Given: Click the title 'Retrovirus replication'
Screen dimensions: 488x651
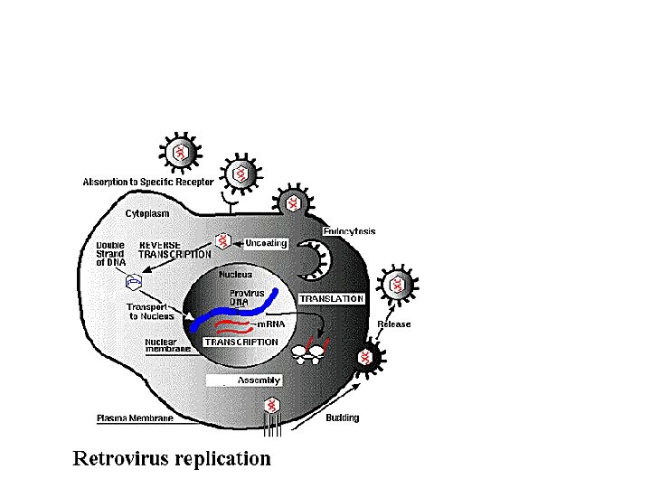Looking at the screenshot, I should (x=172, y=458).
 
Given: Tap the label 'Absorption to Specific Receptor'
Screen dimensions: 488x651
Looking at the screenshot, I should (x=148, y=182).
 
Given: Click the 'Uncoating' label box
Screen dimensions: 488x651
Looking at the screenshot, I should (x=265, y=242).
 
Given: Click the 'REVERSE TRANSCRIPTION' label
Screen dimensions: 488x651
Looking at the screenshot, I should (x=175, y=249).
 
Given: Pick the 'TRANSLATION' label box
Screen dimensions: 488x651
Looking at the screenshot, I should (x=331, y=298).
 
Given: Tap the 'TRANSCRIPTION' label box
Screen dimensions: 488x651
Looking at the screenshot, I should (x=241, y=343).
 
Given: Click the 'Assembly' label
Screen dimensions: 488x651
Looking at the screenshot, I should (x=259, y=380).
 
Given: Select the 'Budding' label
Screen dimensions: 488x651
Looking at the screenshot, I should (x=342, y=418).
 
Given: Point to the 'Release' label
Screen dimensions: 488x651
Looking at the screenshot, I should (x=394, y=324).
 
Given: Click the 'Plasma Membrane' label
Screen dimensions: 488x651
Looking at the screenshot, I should (x=132, y=418).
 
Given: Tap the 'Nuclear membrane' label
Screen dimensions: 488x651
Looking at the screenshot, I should (x=166, y=347).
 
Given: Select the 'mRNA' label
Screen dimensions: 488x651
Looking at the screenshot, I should (x=272, y=324).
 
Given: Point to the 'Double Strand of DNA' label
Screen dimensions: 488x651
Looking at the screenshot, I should (x=111, y=255).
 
